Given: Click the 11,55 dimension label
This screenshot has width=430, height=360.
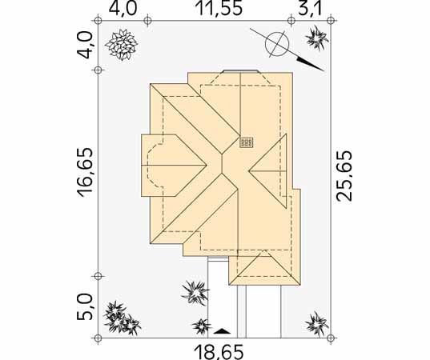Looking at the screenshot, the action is pyautogui.click(x=220, y=8).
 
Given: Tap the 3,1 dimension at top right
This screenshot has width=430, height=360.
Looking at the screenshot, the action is pyautogui.click(x=311, y=8).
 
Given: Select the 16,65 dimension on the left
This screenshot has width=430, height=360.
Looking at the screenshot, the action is pyautogui.click(x=84, y=173).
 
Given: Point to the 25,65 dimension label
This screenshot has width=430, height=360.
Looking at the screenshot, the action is pyautogui.click(x=344, y=176).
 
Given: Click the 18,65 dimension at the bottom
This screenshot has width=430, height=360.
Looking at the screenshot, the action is pyautogui.click(x=219, y=352).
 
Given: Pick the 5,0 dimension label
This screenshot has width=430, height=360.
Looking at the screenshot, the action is pyautogui.click(x=84, y=307).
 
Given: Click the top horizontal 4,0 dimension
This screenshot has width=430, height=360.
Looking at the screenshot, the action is pyautogui.click(x=123, y=8).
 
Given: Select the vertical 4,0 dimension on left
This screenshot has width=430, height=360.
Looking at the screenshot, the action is pyautogui.click(x=84, y=45).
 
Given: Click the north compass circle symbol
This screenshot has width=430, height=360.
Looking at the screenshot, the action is pyautogui.click(x=277, y=44).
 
